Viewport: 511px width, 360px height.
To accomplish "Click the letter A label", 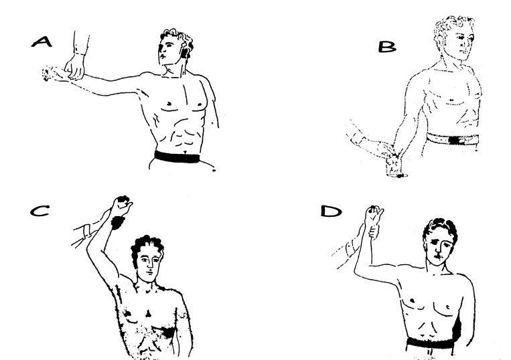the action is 42,41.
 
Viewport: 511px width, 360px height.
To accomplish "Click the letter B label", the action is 387,47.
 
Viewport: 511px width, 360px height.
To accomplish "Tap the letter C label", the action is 40,211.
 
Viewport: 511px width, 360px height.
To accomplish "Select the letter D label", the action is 332,211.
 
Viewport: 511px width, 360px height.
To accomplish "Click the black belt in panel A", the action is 177,157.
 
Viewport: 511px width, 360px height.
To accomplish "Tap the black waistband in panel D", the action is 429,343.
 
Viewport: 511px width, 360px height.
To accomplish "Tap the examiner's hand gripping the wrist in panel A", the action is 74,68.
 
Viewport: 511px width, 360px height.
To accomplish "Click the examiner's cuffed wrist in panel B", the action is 357,140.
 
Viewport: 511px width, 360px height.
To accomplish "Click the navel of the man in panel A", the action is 185,151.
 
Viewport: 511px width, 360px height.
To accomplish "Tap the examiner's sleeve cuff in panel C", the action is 87,231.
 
